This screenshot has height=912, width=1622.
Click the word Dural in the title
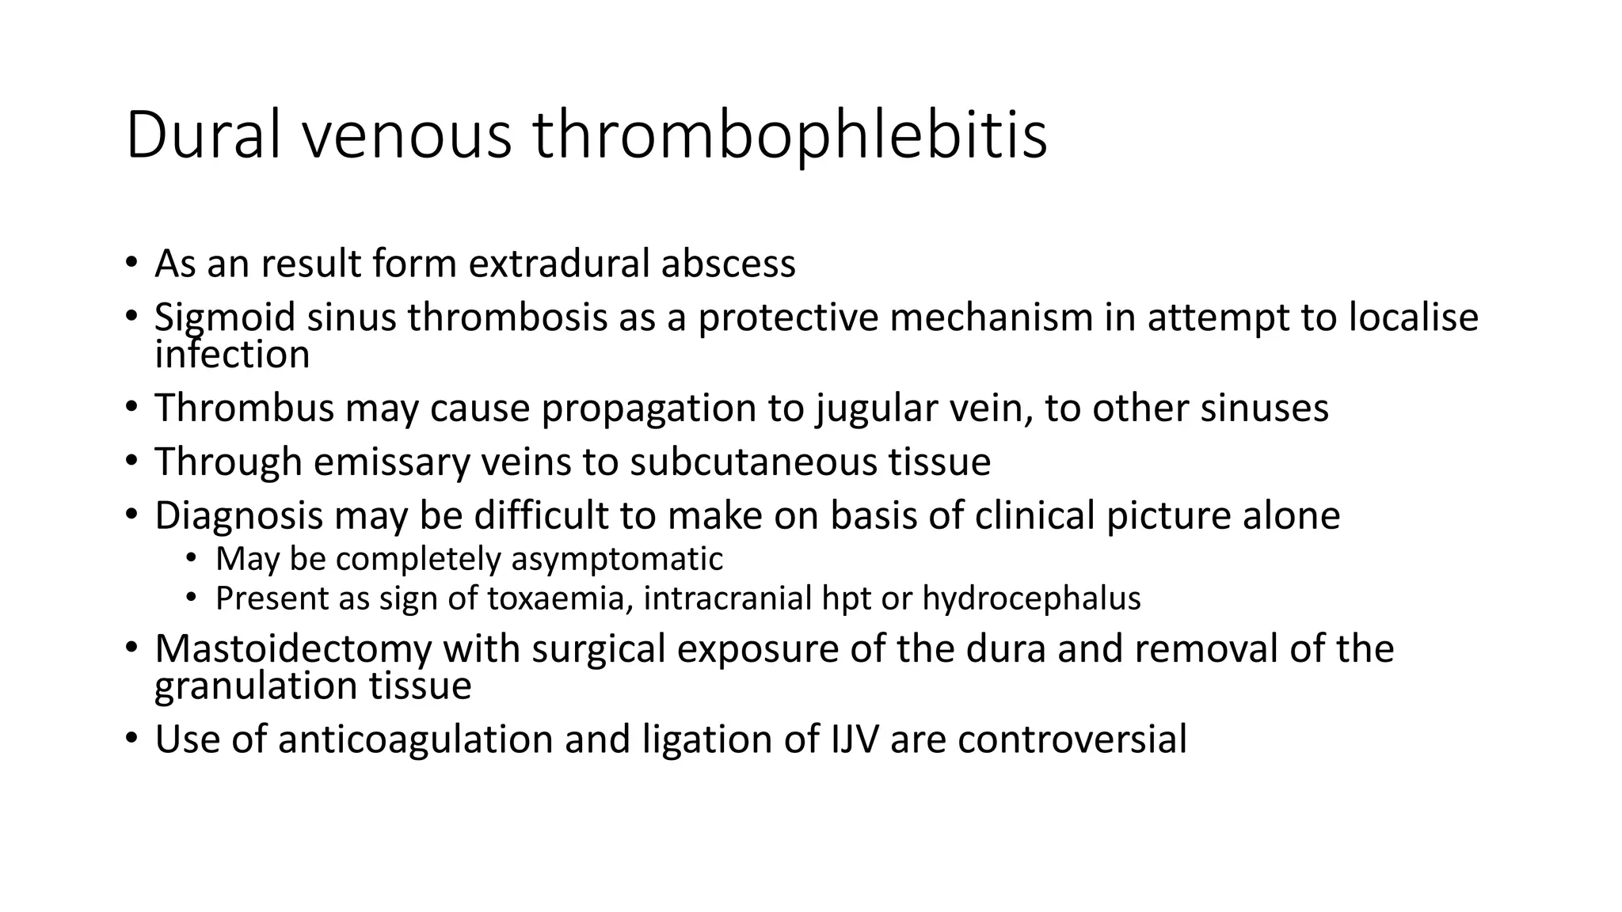coord(203,135)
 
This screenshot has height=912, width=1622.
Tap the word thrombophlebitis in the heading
coord(790,135)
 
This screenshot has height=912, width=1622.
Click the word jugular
coord(874,408)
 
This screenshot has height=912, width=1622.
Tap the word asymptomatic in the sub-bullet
coord(617,560)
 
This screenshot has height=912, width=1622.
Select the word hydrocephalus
coord(1031,598)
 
